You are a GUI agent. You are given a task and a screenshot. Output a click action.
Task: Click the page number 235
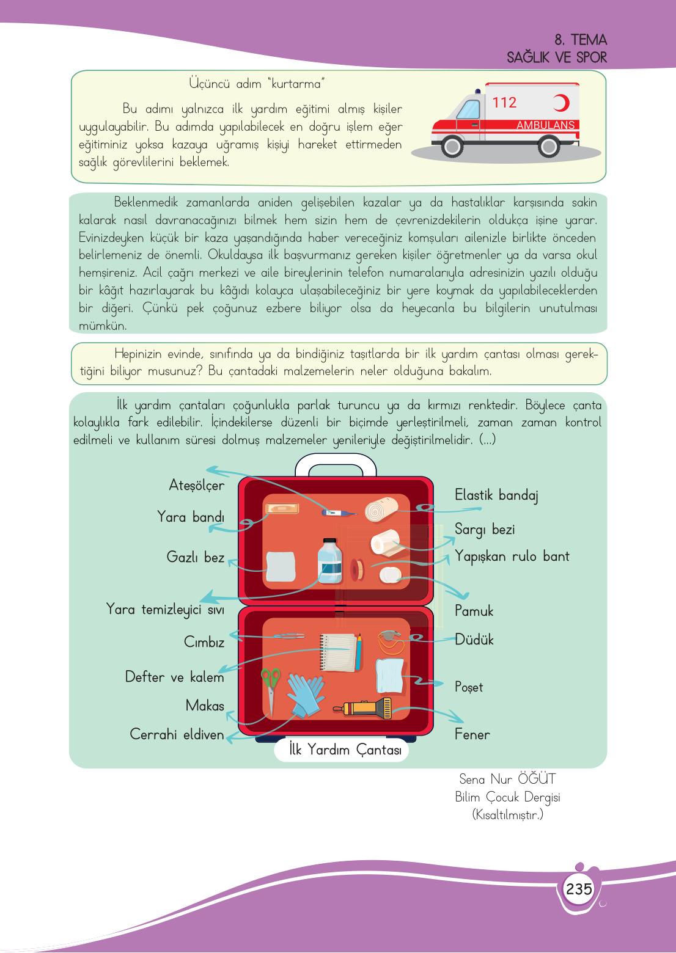coord(578,888)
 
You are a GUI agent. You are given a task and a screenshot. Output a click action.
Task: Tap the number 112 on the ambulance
coord(504,103)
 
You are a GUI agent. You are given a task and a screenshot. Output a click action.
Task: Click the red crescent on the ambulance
coord(560,103)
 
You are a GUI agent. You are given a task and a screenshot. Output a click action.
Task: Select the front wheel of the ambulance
coord(452,147)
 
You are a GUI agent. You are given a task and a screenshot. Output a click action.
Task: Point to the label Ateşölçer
coord(196,486)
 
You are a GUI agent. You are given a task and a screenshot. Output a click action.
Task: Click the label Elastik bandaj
coord(496,495)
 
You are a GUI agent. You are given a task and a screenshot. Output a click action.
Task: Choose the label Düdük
coord(474,640)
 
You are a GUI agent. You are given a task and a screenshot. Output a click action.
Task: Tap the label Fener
coord(472,734)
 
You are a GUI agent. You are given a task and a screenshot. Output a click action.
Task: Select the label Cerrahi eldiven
coord(177,734)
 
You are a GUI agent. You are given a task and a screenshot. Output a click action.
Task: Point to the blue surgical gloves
coord(306,693)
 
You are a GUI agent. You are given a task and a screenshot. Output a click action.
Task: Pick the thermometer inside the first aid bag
coord(338,513)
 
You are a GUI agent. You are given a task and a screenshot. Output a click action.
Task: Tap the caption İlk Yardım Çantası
coord(345,750)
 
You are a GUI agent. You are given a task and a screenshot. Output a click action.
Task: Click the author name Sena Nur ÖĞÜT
coord(507,779)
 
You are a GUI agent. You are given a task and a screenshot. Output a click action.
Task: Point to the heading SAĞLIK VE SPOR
coord(556,57)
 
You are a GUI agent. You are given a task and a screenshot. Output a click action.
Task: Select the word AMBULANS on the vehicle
coord(545,125)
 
